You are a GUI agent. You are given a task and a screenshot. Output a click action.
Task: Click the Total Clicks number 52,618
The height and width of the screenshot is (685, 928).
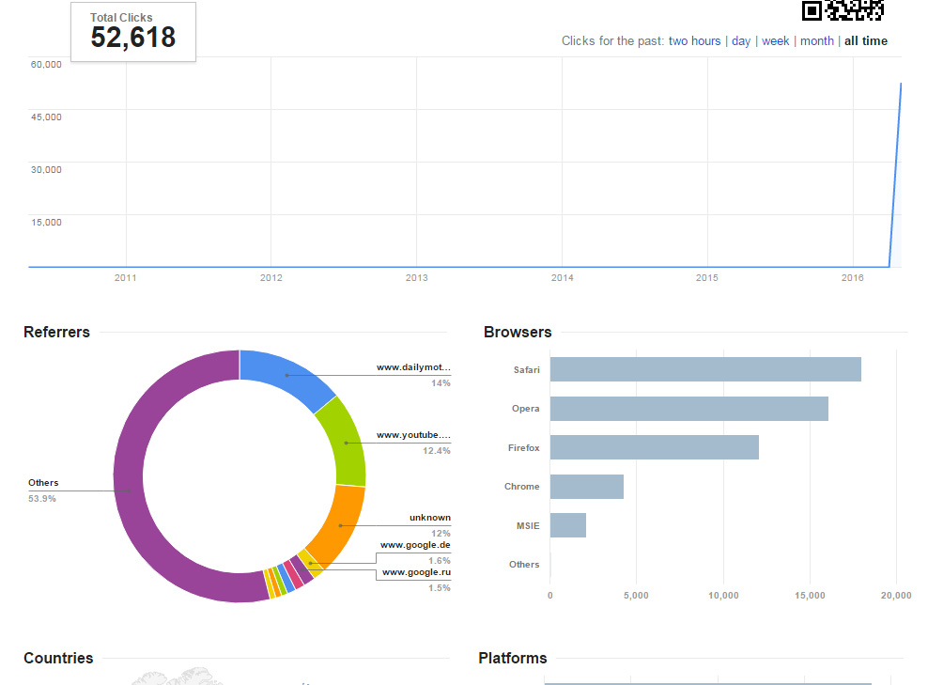click(x=132, y=38)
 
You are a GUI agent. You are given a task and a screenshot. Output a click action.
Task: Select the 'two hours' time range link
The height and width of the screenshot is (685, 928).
click(x=694, y=41)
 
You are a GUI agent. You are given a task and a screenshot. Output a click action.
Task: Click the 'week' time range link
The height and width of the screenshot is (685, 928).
click(x=775, y=41)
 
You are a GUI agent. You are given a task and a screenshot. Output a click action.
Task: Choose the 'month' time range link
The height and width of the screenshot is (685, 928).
click(x=816, y=41)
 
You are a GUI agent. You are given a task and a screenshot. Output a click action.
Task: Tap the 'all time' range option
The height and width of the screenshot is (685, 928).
click(x=865, y=41)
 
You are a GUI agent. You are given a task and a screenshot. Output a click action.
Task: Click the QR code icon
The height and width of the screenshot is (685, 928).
click(x=842, y=9)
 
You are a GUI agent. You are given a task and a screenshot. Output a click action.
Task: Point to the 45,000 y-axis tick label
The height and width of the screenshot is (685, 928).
click(x=46, y=117)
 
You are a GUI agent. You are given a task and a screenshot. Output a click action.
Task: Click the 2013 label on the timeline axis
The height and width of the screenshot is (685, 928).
click(x=416, y=278)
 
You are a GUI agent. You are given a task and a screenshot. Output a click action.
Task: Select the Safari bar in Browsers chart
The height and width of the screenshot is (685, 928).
click(x=704, y=369)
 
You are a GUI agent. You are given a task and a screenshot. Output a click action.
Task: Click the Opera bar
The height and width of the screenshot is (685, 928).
click(x=688, y=409)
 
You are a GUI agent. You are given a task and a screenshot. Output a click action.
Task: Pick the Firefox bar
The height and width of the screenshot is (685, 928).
click(x=654, y=447)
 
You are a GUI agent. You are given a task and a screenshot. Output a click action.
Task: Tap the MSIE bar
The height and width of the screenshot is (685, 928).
click(x=567, y=525)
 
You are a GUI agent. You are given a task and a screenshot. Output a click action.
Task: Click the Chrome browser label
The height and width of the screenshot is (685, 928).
click(x=521, y=487)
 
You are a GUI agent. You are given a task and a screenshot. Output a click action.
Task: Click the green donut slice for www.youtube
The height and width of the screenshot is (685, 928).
click(x=345, y=441)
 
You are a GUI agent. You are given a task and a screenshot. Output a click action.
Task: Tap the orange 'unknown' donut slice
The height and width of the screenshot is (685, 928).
click(x=334, y=526)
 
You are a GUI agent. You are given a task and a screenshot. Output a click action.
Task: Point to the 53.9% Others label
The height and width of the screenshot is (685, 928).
click(x=42, y=498)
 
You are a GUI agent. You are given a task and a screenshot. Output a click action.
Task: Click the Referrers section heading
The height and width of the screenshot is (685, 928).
click(x=56, y=332)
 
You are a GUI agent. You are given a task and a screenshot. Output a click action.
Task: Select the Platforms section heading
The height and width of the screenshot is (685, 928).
click(x=512, y=658)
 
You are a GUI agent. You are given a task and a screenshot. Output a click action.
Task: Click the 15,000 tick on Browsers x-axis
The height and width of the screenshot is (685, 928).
click(x=810, y=596)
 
